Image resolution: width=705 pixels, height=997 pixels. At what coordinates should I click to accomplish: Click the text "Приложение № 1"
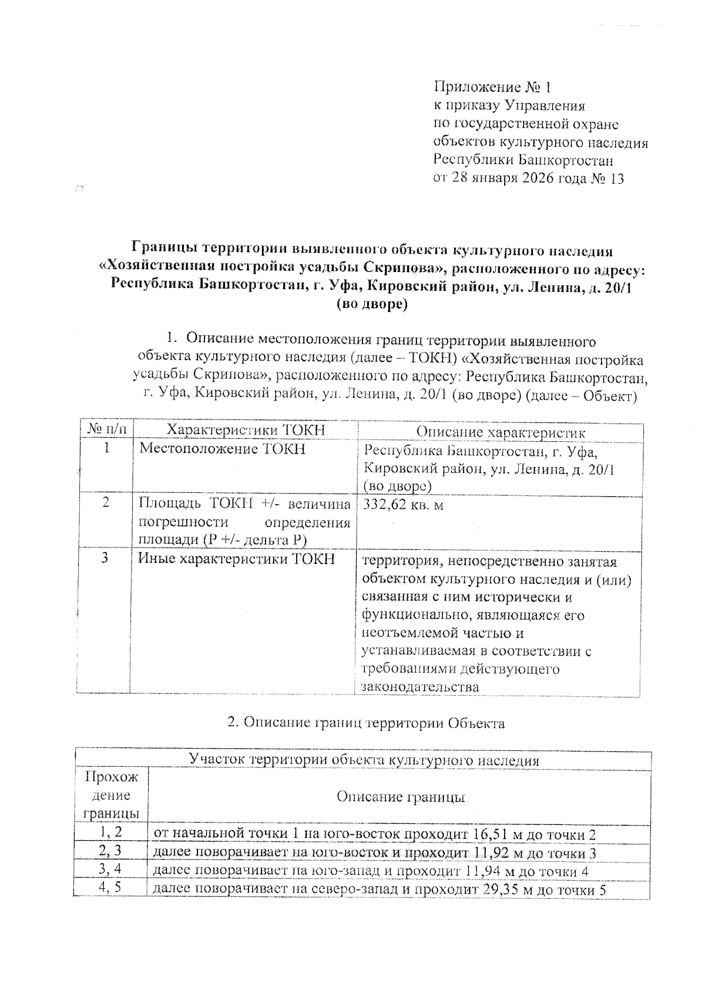(492, 88)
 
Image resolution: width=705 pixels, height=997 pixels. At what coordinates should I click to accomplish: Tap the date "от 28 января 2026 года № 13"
(528, 179)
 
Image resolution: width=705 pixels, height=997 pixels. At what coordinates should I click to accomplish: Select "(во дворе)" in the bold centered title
(371, 304)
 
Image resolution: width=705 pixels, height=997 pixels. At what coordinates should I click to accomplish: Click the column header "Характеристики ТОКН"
(246, 430)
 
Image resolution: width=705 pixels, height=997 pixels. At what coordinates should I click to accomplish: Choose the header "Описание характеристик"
(501, 432)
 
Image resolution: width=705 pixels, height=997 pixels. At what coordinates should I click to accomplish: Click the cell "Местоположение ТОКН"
(222, 449)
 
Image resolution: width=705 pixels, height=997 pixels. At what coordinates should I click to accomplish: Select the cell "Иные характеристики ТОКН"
(236, 559)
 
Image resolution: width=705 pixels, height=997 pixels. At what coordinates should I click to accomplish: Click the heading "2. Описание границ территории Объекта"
(365, 723)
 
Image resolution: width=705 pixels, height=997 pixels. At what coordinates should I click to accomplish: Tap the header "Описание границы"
(401, 797)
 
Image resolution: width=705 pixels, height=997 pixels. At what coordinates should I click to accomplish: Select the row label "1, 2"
(110, 832)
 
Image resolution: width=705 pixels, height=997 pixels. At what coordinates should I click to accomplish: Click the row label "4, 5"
(110, 888)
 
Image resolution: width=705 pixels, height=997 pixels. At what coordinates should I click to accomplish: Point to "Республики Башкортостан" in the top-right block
(522, 160)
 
